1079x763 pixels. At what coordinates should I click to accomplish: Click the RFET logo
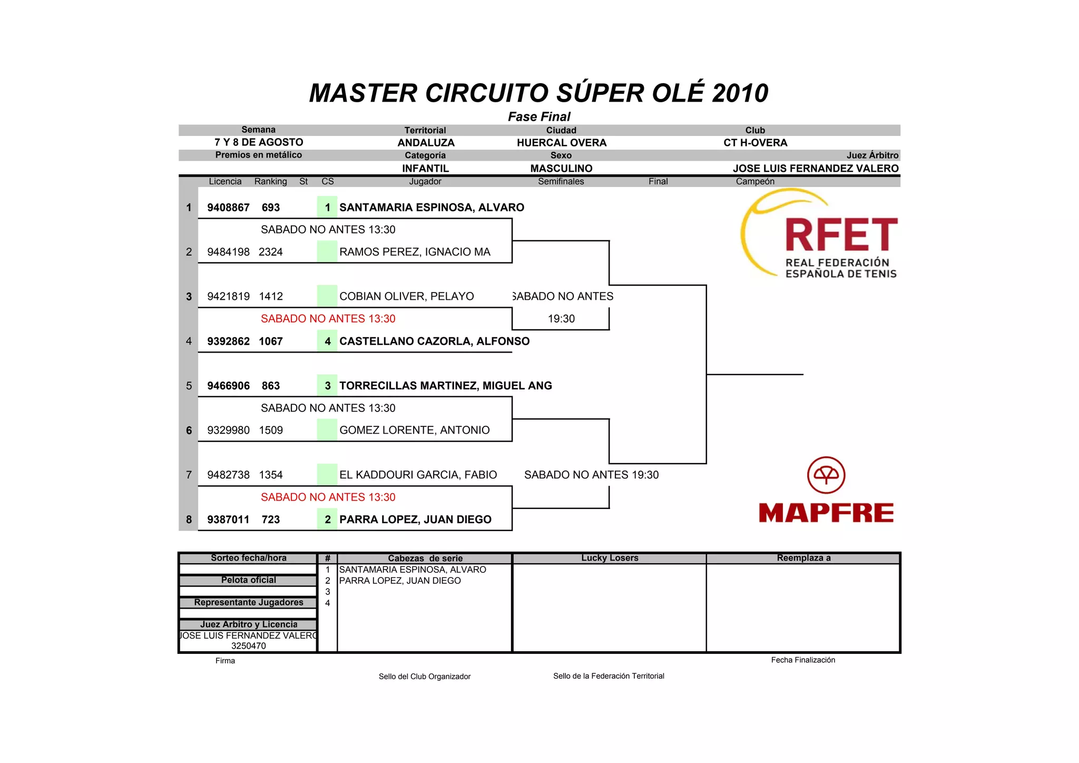(819, 234)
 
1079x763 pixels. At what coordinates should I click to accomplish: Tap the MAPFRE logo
(826, 491)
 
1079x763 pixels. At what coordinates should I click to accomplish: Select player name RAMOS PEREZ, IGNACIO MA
(415, 252)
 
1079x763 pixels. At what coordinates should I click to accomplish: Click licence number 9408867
(228, 208)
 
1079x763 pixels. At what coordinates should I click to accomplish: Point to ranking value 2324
(271, 252)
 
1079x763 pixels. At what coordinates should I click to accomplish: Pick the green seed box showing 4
(327, 341)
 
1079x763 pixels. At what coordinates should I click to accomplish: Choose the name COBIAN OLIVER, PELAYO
(406, 297)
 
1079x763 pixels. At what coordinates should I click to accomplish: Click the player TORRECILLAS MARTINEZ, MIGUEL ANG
(445, 386)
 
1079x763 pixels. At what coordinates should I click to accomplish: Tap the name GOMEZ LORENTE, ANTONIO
(414, 431)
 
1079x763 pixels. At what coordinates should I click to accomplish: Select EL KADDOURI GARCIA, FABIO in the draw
(418, 475)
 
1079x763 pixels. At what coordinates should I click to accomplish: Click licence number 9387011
(228, 520)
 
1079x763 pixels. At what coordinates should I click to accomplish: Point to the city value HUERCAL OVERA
(562, 143)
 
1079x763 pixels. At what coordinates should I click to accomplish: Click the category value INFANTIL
(425, 169)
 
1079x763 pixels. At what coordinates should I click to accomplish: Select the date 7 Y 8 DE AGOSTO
(259, 142)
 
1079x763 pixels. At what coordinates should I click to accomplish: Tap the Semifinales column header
(561, 181)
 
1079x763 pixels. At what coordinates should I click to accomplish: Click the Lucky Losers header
(610, 558)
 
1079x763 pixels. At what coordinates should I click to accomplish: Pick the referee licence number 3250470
(249, 646)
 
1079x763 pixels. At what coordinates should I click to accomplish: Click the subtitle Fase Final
(539, 116)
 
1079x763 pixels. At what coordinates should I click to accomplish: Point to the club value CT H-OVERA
(755, 143)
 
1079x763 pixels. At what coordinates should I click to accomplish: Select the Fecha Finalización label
(803, 660)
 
